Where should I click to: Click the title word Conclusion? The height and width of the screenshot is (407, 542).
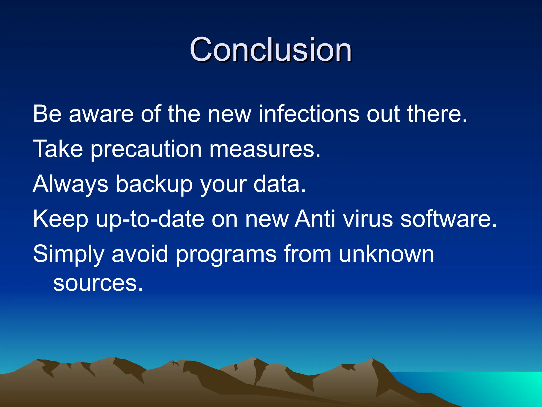point(270,50)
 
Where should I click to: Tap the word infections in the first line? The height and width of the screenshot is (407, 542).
point(309,114)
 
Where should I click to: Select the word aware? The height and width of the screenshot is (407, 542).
point(101,114)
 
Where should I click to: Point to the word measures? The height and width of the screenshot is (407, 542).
point(265,149)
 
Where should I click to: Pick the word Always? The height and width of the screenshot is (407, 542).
point(70,184)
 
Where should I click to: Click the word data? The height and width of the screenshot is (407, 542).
point(279,184)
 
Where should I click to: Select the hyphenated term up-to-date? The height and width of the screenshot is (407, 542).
point(150,219)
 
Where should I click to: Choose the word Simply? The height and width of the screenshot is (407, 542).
point(69,254)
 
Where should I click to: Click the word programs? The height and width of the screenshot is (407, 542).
point(226,254)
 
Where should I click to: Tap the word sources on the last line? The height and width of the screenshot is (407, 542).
point(98,284)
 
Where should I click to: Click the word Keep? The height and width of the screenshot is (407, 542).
point(60,219)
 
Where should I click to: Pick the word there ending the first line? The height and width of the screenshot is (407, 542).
point(437,114)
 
